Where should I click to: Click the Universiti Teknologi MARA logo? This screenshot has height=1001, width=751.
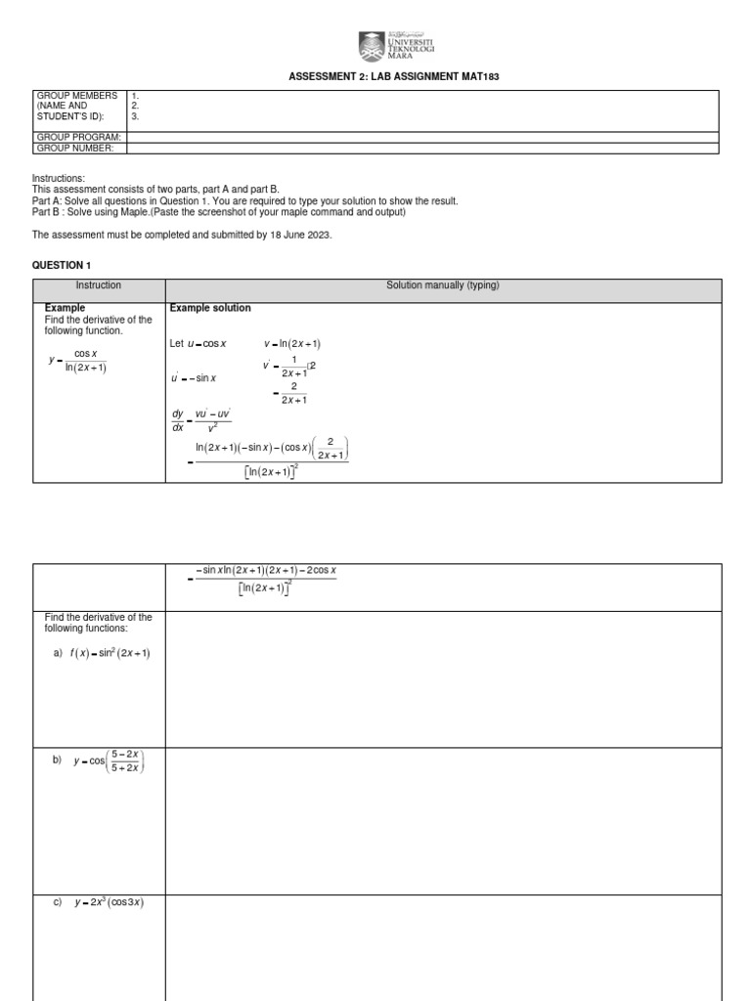[x=396, y=46]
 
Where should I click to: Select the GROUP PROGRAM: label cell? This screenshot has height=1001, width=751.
[x=78, y=137]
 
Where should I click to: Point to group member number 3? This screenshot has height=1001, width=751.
[x=135, y=115]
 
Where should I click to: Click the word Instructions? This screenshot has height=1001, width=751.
[x=59, y=179]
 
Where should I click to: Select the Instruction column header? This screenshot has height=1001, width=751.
[x=99, y=285]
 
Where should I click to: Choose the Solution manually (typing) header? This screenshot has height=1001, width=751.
[x=443, y=285]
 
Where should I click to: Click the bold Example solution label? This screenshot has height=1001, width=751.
[x=210, y=308]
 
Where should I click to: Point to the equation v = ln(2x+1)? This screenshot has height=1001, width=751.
[x=292, y=344]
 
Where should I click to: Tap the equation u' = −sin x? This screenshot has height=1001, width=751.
[x=194, y=378]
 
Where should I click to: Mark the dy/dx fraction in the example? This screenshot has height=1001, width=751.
[x=178, y=420]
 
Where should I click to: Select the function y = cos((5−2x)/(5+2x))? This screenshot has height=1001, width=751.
[x=109, y=762]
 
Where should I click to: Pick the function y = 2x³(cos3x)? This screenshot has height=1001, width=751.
[x=110, y=902]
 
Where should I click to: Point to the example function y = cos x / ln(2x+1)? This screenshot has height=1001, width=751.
[x=78, y=361]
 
